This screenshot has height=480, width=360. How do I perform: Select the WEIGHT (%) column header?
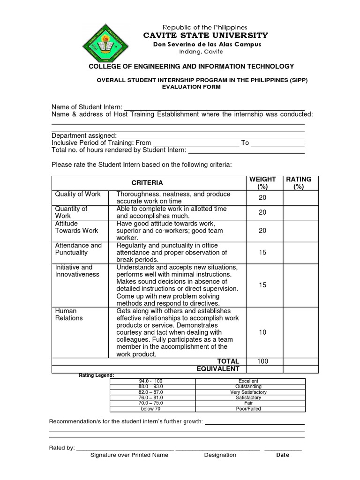tap(262, 183)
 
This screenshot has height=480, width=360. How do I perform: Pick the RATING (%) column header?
tap(299, 183)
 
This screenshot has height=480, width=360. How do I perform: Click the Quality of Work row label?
tap(77, 194)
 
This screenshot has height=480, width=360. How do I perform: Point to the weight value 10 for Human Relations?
tap(262, 332)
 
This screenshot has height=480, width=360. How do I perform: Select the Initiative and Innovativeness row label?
tap(77, 270)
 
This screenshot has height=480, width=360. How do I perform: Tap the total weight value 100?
tap(262, 361)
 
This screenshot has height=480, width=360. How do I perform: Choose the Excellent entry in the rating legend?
tap(248, 381)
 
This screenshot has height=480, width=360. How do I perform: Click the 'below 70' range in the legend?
tap(151, 409)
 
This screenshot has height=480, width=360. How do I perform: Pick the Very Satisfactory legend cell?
tap(248, 392)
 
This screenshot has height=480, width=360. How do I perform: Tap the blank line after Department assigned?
tap(211, 135)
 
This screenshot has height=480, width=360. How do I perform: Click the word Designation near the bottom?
tap(220, 455)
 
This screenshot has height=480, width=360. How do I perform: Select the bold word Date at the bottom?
tap(283, 455)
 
